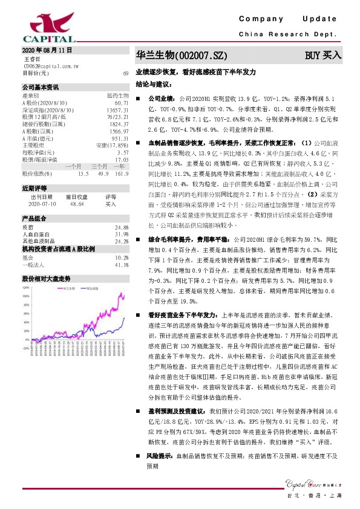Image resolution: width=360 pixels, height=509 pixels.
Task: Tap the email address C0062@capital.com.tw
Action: coord(48,66)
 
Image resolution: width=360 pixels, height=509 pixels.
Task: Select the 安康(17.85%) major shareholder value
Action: coord(114,146)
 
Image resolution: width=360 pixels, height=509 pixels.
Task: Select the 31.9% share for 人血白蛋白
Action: coord(121,234)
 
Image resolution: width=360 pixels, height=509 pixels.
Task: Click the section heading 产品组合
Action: coord(34,218)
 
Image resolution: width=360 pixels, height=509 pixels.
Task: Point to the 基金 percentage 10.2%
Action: coord(121,258)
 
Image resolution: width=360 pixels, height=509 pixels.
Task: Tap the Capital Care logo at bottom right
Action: coord(310,482)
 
